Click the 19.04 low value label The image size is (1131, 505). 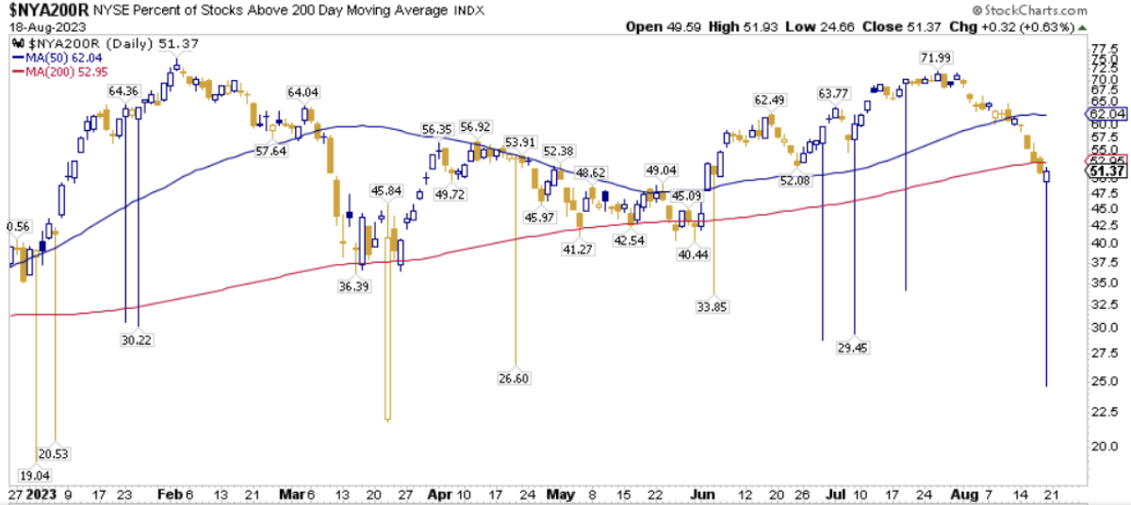(37, 475)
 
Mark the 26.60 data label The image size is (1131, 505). (516, 379)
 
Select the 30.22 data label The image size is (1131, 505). (138, 340)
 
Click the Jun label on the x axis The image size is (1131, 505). (698, 494)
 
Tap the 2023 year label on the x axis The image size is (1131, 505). (42, 494)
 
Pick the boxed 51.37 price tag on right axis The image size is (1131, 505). (1106, 171)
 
